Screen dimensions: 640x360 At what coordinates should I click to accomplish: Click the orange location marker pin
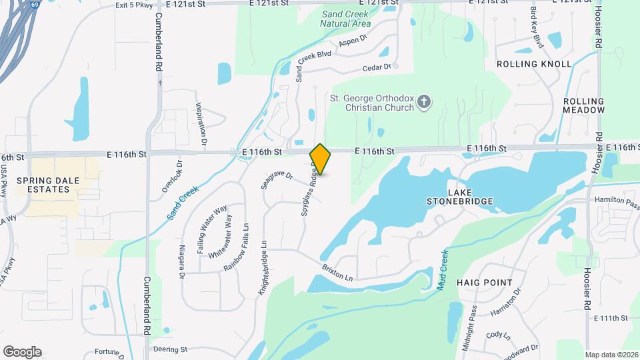point(320,159)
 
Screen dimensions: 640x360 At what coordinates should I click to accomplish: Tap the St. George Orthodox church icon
point(423,103)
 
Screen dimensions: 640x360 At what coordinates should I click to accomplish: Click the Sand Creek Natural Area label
point(345,19)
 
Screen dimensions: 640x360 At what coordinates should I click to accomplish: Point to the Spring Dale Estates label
point(43,185)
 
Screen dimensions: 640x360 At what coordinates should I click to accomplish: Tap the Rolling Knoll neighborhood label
point(534,64)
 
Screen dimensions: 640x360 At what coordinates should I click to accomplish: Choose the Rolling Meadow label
point(583,105)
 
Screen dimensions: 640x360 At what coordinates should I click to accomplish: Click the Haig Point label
point(485,283)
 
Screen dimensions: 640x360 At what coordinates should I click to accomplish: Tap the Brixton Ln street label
point(337,271)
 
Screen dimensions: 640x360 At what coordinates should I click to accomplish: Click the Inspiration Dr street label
point(199,124)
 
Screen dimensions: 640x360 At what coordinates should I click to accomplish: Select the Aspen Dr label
point(353,42)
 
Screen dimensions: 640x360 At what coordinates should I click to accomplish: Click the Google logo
point(22,352)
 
